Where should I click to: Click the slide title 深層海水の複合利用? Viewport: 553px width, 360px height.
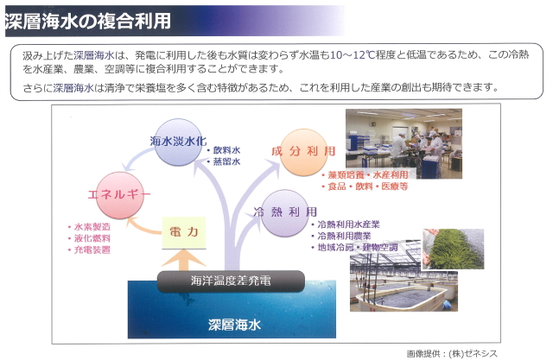pos(88,21)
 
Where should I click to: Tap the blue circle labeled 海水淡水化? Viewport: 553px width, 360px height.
pos(179,142)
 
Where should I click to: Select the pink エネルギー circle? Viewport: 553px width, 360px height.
pos(120,195)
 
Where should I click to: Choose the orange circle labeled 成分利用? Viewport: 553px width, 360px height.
pos(303,152)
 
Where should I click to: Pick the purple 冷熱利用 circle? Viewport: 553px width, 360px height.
pos(285,212)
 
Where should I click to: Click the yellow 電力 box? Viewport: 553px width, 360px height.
pos(184,232)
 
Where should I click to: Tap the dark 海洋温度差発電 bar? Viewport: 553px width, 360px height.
pos(231,281)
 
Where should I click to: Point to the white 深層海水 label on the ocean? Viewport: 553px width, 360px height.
pos(234,325)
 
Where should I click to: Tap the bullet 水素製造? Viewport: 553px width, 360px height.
pos(89,227)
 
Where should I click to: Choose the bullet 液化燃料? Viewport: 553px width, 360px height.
pos(89,238)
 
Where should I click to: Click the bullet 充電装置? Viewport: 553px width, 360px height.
pos(89,250)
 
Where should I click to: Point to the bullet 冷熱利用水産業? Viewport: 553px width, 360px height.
pos(346,224)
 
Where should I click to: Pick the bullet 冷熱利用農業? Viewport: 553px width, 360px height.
pos(341,236)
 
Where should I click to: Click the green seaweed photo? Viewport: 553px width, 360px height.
pos(453,249)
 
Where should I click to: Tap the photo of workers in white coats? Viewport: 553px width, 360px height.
pos(404,143)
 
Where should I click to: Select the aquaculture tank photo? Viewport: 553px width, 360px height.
pos(404,281)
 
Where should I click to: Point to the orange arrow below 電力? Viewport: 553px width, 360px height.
pos(183,260)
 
